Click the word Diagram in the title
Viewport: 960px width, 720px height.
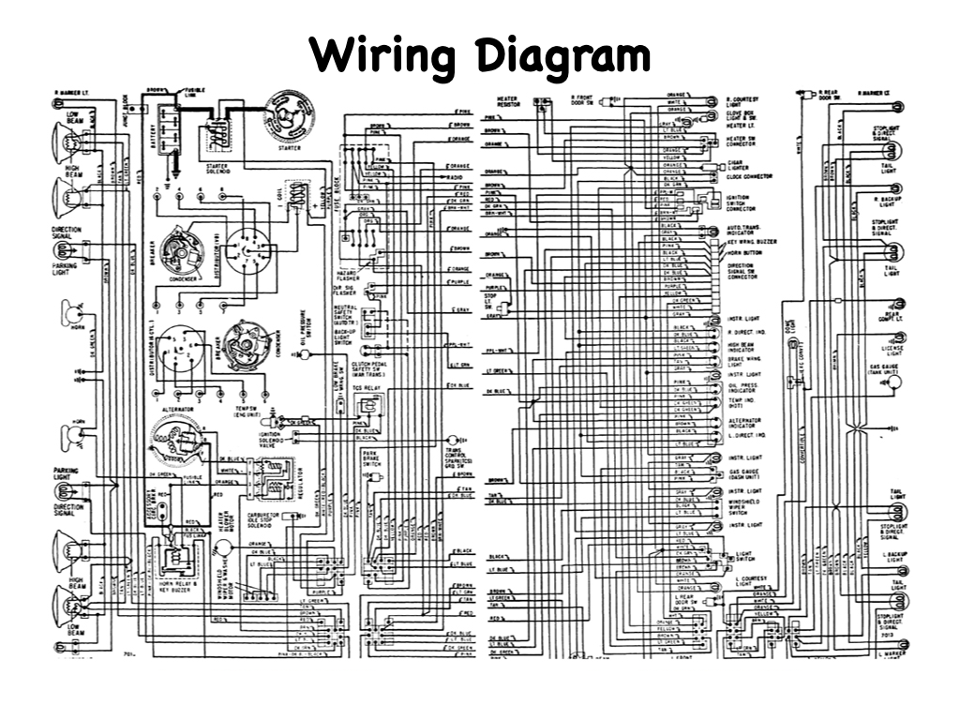(x=563, y=55)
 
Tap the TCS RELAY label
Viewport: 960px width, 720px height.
(x=366, y=385)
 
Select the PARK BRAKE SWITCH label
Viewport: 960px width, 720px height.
(x=371, y=459)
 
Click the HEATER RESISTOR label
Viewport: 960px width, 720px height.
(x=508, y=100)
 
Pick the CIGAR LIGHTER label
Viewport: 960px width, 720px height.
(x=737, y=165)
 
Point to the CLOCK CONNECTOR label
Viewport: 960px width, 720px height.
(x=750, y=176)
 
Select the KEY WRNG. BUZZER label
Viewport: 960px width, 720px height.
(x=752, y=242)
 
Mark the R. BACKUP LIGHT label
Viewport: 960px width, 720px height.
(x=888, y=201)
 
